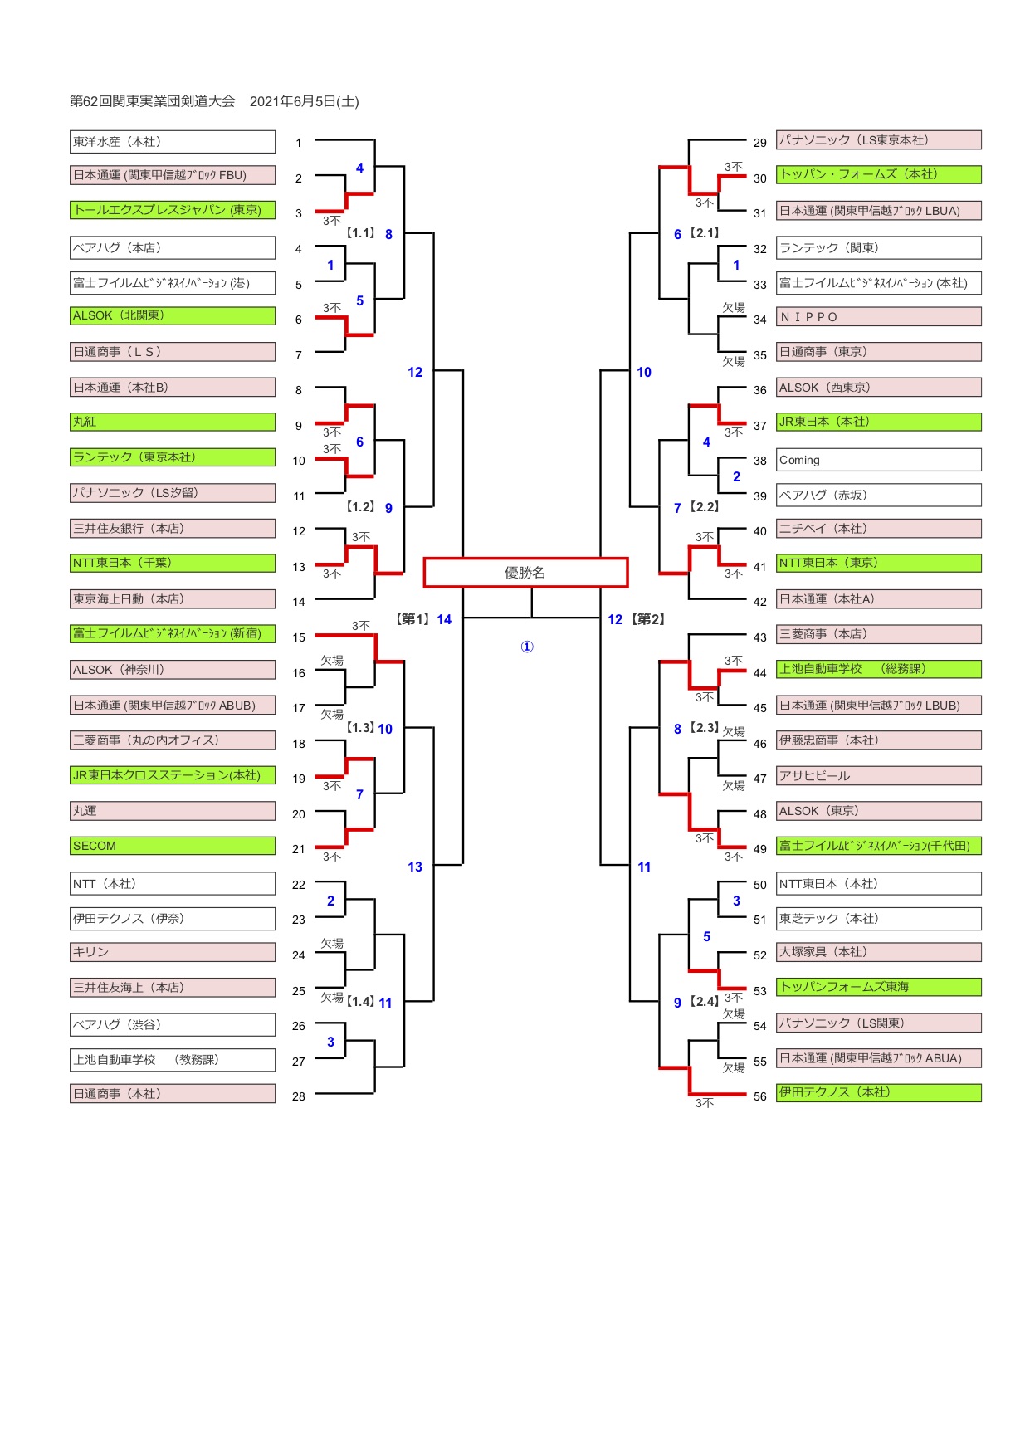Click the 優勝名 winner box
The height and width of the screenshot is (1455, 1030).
(x=525, y=573)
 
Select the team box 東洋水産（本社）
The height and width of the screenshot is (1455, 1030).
(x=173, y=142)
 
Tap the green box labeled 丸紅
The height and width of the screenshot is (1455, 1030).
(x=173, y=422)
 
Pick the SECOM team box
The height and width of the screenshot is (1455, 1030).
(x=173, y=846)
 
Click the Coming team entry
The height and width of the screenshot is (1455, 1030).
(x=879, y=460)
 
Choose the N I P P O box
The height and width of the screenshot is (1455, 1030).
(x=879, y=317)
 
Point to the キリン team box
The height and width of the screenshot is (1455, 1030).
(x=173, y=952)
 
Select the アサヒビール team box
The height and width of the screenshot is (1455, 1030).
(x=879, y=776)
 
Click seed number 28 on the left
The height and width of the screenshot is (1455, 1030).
(x=299, y=1096)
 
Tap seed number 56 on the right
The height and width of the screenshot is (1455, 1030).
(x=760, y=1096)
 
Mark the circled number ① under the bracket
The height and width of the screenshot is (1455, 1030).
(x=526, y=647)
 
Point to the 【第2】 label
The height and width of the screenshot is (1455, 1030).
(x=648, y=619)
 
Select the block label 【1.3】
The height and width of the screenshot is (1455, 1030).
(x=361, y=728)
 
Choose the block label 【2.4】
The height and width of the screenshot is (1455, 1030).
(x=705, y=1002)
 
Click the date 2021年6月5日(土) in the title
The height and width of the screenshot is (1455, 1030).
(x=305, y=101)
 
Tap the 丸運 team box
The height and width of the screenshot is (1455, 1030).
(x=173, y=811)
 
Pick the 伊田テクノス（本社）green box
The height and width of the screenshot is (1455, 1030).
(x=879, y=1093)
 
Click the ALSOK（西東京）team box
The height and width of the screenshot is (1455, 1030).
(x=879, y=388)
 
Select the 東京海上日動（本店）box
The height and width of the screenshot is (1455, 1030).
(x=173, y=599)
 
